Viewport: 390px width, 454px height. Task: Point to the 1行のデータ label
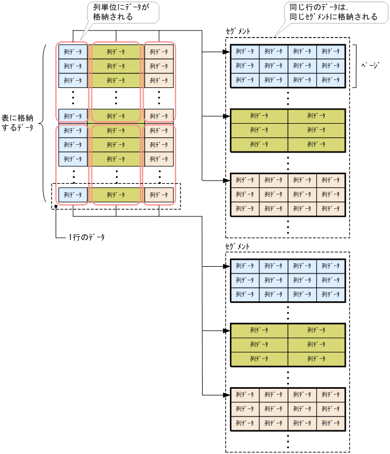pos(86,236)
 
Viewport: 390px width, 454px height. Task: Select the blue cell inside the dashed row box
pos(73,195)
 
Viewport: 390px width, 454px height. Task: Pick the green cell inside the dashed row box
pos(116,195)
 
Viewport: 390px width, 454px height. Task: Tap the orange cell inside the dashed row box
pos(159,195)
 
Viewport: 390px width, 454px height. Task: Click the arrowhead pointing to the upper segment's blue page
pos(227,52)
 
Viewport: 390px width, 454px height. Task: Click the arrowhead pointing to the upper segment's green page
pos(227,116)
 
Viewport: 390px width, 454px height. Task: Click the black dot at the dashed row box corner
pos(56,206)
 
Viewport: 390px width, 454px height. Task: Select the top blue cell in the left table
pos(73,52)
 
